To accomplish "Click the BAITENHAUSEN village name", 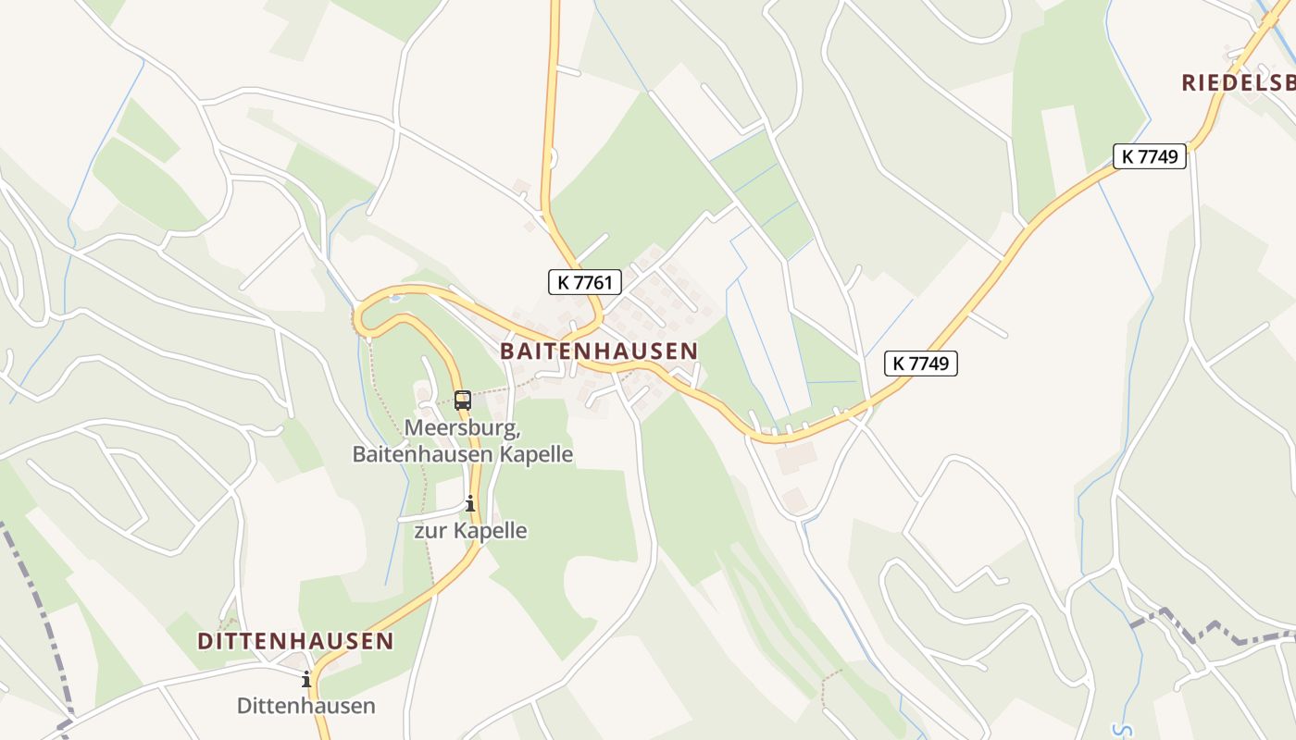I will (x=598, y=351).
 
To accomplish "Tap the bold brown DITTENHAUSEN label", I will (x=295, y=641).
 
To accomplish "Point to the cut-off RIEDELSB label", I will (x=1238, y=82).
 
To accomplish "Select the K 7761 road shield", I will (x=584, y=282).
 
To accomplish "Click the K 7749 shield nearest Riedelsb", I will (x=1149, y=156).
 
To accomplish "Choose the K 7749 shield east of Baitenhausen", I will (x=920, y=364).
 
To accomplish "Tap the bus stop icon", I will (x=463, y=401).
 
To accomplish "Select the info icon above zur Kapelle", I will (x=470, y=504).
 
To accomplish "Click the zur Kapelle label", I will (x=470, y=531).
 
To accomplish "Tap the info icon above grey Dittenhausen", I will (x=306, y=680).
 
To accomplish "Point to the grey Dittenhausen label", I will (x=306, y=706).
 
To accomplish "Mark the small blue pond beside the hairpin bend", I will (x=395, y=299).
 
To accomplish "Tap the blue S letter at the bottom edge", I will (x=1122, y=731).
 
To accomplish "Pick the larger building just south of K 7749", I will (x=796, y=457).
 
